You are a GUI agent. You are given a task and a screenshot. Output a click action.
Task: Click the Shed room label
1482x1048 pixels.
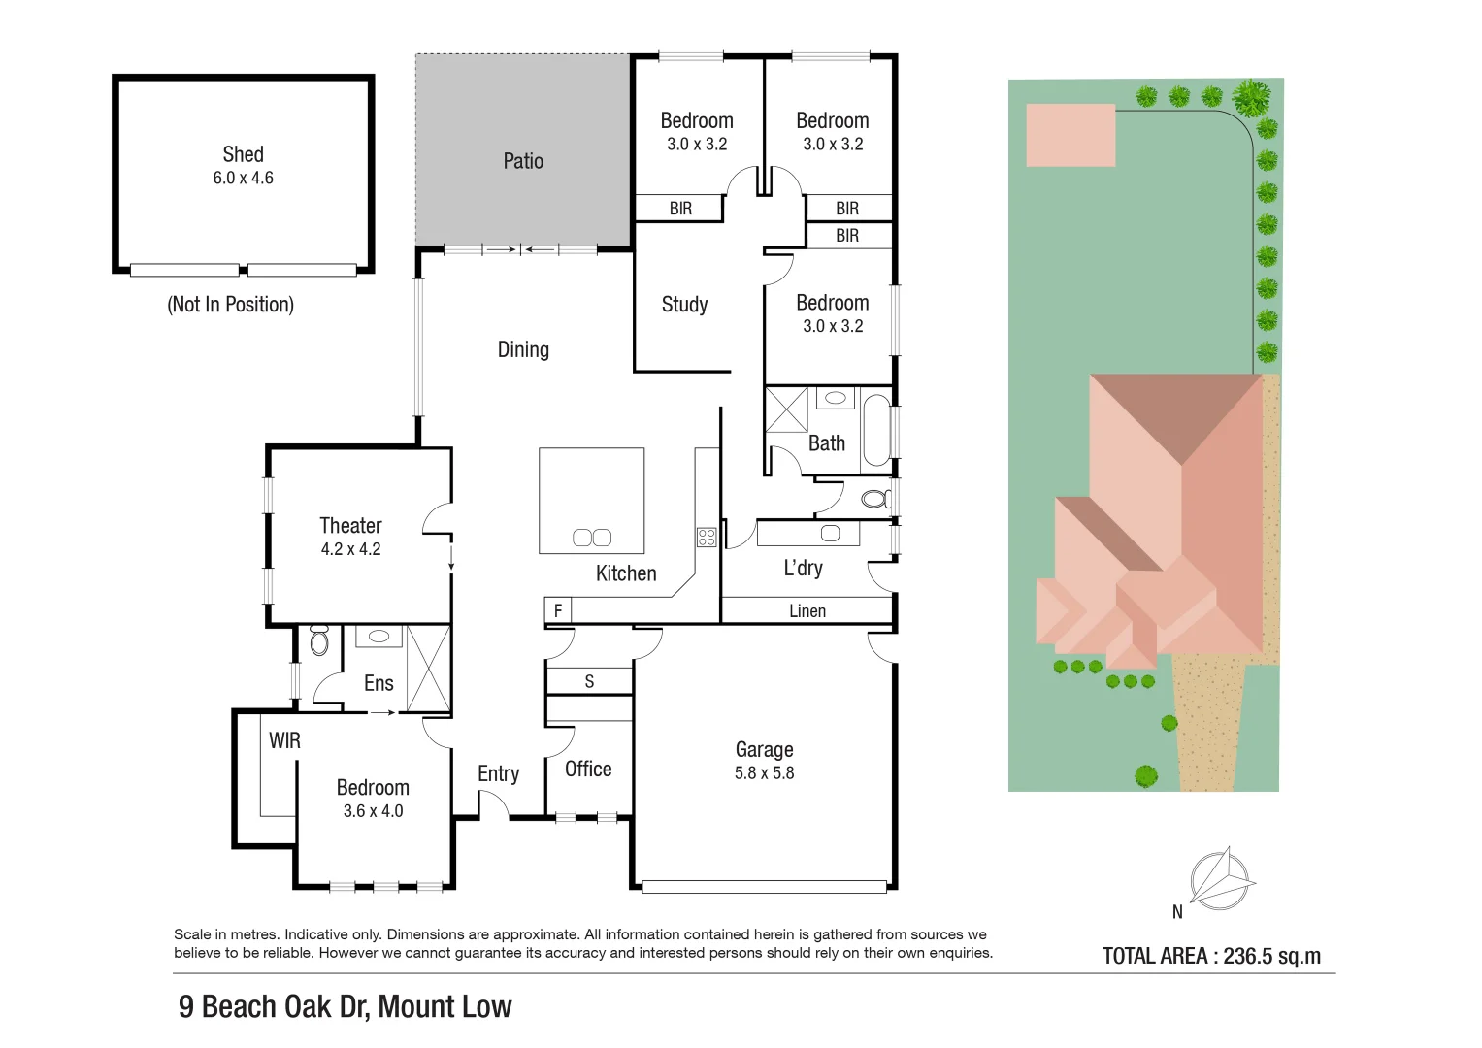[243, 154]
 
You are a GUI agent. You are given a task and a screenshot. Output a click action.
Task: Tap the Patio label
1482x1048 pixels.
[523, 161]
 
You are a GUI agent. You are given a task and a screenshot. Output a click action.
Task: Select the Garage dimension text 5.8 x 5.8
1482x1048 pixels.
[764, 773]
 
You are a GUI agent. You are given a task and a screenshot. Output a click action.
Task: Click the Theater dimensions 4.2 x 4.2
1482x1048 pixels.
[350, 549]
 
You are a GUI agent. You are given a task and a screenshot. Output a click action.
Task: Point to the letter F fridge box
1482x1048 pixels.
[558, 610]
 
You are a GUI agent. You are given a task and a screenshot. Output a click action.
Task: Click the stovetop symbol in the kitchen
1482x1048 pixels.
[707, 537]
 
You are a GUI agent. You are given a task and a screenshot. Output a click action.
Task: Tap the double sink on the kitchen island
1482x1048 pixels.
[592, 538]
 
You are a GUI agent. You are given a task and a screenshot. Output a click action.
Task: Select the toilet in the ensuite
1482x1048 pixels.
[319, 641]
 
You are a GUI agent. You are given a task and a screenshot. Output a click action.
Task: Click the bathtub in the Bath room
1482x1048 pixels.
[876, 430]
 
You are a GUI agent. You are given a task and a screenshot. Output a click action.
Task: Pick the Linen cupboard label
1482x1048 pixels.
[807, 610]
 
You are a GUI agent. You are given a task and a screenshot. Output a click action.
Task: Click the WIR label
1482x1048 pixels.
[284, 741]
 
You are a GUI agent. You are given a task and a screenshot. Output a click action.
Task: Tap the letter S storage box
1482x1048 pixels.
[589, 681]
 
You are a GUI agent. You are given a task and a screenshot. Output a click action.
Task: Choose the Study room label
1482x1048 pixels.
[684, 305]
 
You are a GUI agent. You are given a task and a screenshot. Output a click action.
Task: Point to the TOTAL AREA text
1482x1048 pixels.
[1211, 956]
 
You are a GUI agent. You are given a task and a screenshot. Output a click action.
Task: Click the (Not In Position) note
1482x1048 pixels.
[230, 305]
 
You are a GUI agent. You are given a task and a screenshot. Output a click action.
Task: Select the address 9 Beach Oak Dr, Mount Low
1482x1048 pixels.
[345, 1007]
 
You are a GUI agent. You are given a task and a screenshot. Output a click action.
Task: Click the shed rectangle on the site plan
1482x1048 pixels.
[1070, 135]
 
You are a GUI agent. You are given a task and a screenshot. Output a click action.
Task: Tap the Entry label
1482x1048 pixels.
[498, 773]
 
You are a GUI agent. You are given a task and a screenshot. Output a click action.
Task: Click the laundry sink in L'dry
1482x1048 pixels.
[830, 534]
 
